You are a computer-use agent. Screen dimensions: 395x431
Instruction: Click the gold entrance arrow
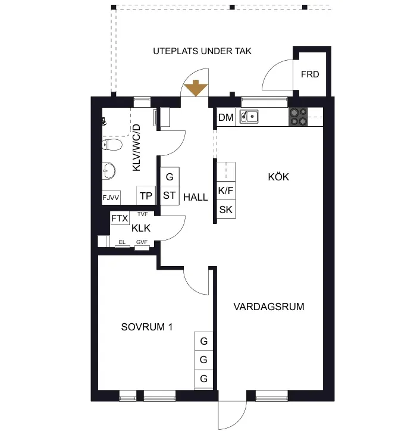coord(196,88)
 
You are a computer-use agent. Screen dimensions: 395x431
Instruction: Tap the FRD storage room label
coord(310,74)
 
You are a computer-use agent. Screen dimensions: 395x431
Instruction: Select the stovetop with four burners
coord(298,117)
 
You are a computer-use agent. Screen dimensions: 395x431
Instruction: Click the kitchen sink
coord(249,117)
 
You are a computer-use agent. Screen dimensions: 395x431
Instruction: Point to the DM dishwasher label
coord(226,117)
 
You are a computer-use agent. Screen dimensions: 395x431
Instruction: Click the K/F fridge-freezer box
coord(226,190)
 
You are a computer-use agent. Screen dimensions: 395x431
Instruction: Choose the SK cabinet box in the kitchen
coord(226,210)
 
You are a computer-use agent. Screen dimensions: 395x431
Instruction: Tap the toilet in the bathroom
coord(112,145)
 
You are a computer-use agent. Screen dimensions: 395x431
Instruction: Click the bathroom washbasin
coord(109,170)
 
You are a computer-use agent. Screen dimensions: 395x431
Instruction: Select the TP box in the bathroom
coord(146,195)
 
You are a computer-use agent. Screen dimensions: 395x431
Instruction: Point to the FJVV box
coord(111,198)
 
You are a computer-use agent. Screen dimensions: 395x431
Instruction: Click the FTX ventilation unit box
coord(120,218)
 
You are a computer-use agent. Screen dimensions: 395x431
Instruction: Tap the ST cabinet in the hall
coord(170,195)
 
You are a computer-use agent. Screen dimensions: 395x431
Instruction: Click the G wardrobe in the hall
coord(170,176)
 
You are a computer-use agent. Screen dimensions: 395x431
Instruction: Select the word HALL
coord(196,197)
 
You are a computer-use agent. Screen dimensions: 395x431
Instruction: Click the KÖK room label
coord(278,177)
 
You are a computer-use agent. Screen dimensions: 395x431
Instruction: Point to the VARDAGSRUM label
coord(269,307)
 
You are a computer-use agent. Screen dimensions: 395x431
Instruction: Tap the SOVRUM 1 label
coord(147,327)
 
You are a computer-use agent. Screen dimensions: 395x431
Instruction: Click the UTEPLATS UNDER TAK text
coord(202,51)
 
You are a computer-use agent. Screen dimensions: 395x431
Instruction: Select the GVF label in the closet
coord(142,242)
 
